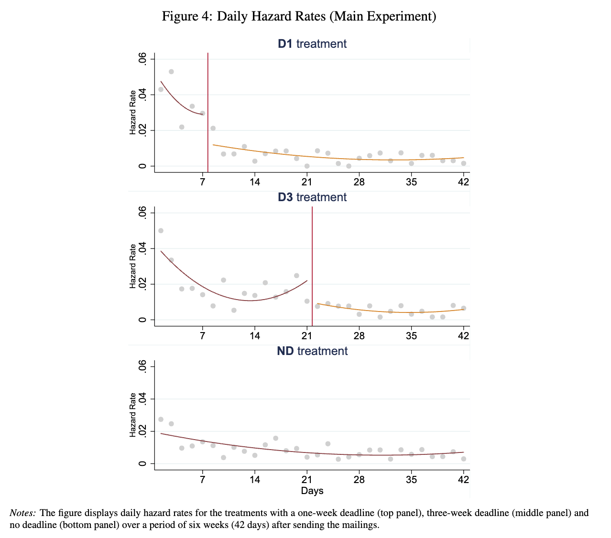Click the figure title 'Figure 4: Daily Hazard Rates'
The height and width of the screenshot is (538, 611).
point(299,17)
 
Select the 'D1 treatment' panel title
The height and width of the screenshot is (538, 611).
point(312,44)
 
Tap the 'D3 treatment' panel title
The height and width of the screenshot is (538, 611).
point(312,197)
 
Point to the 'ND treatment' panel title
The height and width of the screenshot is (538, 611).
point(312,351)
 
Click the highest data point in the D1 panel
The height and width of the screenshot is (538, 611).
point(171,72)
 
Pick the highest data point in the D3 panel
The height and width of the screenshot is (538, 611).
point(161,230)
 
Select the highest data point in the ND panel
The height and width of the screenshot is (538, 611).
point(161,419)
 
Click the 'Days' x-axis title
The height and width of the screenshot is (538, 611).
point(312,491)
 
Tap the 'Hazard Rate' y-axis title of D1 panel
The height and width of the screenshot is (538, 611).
point(133,112)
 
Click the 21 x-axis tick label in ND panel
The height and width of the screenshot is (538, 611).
point(307,479)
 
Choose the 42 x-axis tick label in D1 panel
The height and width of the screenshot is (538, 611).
point(463,182)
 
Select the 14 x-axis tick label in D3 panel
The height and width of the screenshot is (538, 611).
point(255,335)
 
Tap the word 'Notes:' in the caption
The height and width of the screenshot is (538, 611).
point(22,513)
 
